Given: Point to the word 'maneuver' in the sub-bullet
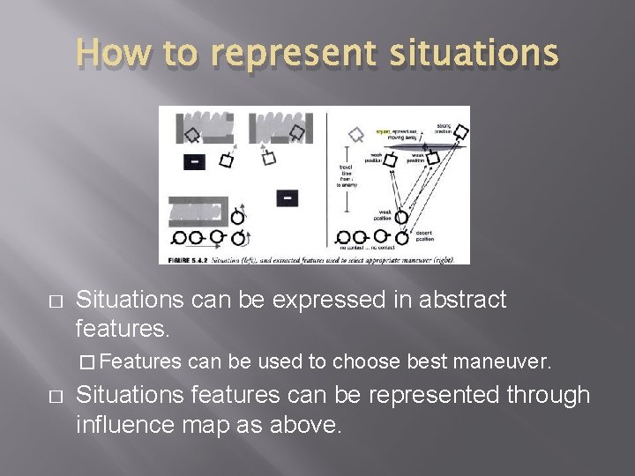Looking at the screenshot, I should tap(510, 361).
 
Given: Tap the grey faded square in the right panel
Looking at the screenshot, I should tap(356, 134).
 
